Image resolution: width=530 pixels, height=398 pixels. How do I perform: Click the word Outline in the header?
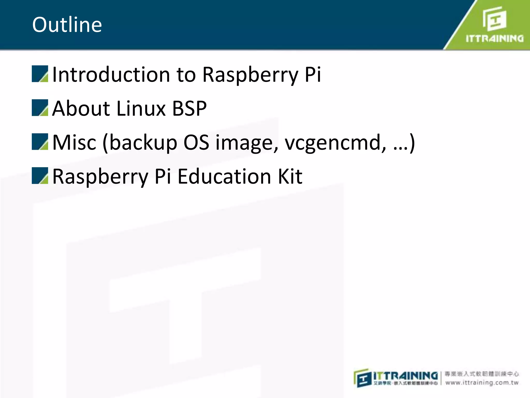[x=67, y=25]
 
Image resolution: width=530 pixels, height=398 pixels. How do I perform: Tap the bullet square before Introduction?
[x=40, y=74]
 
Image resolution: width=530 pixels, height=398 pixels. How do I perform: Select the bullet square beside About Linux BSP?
[x=40, y=108]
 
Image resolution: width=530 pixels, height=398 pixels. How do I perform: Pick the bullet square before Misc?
[x=40, y=142]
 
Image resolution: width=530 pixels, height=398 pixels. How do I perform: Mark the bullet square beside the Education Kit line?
[x=40, y=176]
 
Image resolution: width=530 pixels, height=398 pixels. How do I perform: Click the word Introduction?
[x=111, y=74]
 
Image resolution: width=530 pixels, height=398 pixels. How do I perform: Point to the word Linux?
[x=141, y=108]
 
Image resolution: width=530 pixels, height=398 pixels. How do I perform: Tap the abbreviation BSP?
[x=189, y=108]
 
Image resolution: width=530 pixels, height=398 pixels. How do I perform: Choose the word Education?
[x=224, y=176]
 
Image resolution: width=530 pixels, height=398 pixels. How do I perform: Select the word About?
[x=81, y=108]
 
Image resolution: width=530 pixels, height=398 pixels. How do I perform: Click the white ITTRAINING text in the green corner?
[x=495, y=39]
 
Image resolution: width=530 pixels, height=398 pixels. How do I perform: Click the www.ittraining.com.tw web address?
[x=482, y=383]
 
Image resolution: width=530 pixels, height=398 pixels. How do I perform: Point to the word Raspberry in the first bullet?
[x=250, y=74]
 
